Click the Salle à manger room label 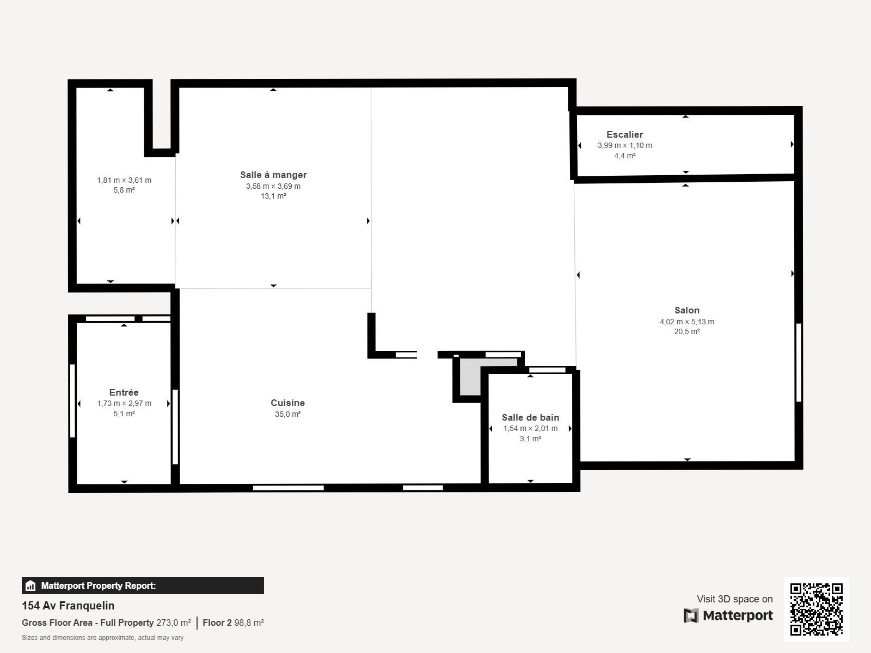[273, 175]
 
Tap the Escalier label [624, 134]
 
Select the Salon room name [686, 310]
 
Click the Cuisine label [287, 403]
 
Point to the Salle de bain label [530, 417]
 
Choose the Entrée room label [124, 392]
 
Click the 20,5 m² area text [686, 331]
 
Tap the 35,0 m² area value [287, 414]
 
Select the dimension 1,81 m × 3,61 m [124, 180]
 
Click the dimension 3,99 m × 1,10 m [624, 145]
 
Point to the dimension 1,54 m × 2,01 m [530, 428]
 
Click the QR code [816, 609]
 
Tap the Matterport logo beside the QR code [728, 615]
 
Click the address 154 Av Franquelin [68, 606]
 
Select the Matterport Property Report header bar [143, 586]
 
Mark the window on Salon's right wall [799, 362]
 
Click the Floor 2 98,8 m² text [233, 623]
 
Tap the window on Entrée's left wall [72, 401]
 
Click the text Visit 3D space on [734, 599]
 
